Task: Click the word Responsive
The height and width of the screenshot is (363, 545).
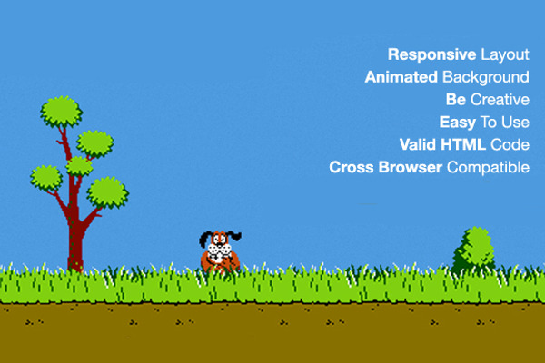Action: point(431,54)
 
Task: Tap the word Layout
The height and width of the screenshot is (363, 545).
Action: point(505,54)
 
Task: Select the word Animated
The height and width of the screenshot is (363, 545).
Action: point(401,77)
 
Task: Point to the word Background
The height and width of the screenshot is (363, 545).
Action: point(486,78)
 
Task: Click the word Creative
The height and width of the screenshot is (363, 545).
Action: point(500,100)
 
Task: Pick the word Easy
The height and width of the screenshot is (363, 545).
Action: point(458,123)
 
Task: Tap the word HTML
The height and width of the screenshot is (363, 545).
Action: point(463,145)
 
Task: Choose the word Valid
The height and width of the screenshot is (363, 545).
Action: point(418,145)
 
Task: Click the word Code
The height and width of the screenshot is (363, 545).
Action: point(510,145)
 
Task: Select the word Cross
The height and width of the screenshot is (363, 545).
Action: point(351,167)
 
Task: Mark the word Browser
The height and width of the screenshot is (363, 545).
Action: point(411,167)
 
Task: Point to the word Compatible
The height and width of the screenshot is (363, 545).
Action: point(488,168)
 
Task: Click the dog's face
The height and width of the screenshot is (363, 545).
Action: point(219,246)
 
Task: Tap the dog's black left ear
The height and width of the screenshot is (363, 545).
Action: point(204,239)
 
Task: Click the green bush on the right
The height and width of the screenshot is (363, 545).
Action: point(474,249)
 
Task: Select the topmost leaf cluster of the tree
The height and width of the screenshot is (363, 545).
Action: point(62,112)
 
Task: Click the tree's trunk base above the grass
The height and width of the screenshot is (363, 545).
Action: point(75,259)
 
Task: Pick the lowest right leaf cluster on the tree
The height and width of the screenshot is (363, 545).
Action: point(108,192)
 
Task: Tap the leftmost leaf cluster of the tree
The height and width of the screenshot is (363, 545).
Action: point(46,178)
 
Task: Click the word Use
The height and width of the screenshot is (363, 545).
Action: point(515,123)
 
